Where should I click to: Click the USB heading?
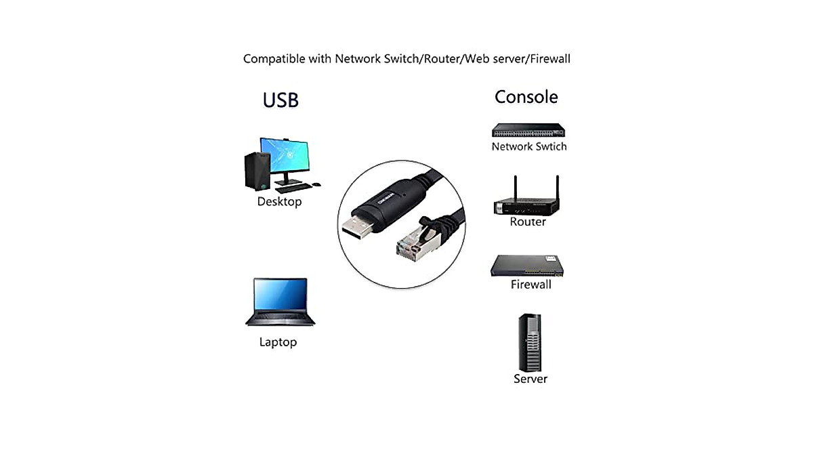pyautogui.click(x=280, y=100)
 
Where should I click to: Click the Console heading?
pyautogui.click(x=526, y=97)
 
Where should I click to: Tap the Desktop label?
pyautogui.click(x=279, y=202)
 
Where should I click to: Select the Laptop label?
pyautogui.click(x=278, y=342)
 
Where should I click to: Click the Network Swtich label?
pyautogui.click(x=528, y=146)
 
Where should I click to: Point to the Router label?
pyautogui.click(x=527, y=222)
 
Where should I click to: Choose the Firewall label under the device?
pyautogui.click(x=530, y=285)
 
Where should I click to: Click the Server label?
pyautogui.click(x=530, y=379)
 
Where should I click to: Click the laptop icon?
pyautogui.click(x=280, y=302)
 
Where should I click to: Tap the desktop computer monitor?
pyautogui.click(x=285, y=157)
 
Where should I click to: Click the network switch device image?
pyautogui.click(x=528, y=131)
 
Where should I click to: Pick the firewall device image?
pyautogui.click(x=528, y=266)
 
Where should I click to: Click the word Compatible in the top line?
pyautogui.click(x=274, y=59)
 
